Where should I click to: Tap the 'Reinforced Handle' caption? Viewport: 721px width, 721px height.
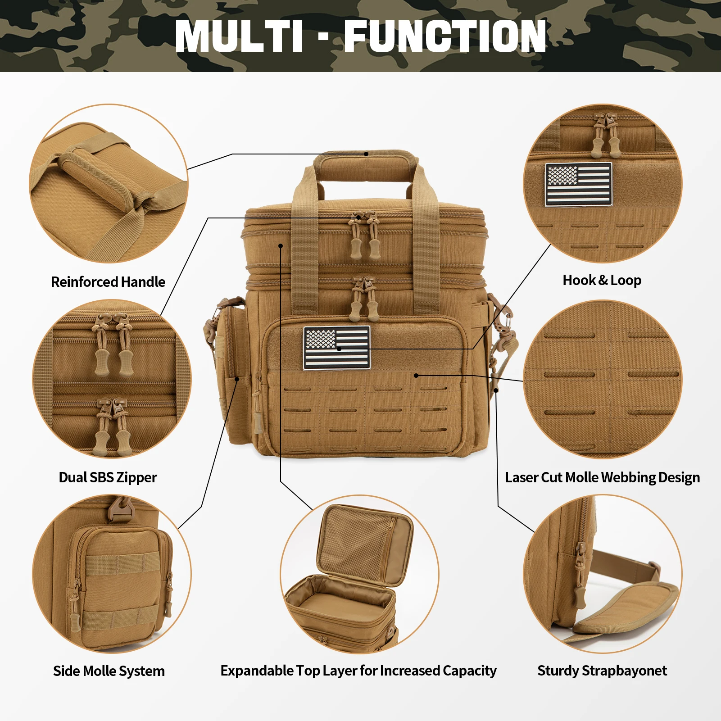(x=108, y=282)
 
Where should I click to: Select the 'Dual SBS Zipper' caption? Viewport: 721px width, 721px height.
(x=108, y=477)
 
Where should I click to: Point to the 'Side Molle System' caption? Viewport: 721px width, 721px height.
(x=109, y=671)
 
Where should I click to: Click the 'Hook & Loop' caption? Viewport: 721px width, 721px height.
(x=602, y=280)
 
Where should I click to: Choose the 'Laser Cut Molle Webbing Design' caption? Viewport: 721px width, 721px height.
(x=603, y=477)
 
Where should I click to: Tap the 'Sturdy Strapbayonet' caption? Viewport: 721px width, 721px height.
(x=602, y=671)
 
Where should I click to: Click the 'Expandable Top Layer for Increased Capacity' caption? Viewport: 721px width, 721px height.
(x=358, y=671)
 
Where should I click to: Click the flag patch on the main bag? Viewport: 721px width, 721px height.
(x=337, y=348)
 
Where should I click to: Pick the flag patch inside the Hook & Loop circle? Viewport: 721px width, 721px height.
(x=579, y=185)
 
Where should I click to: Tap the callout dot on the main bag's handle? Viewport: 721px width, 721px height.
(x=366, y=154)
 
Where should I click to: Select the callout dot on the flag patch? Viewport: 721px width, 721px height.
(x=339, y=349)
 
